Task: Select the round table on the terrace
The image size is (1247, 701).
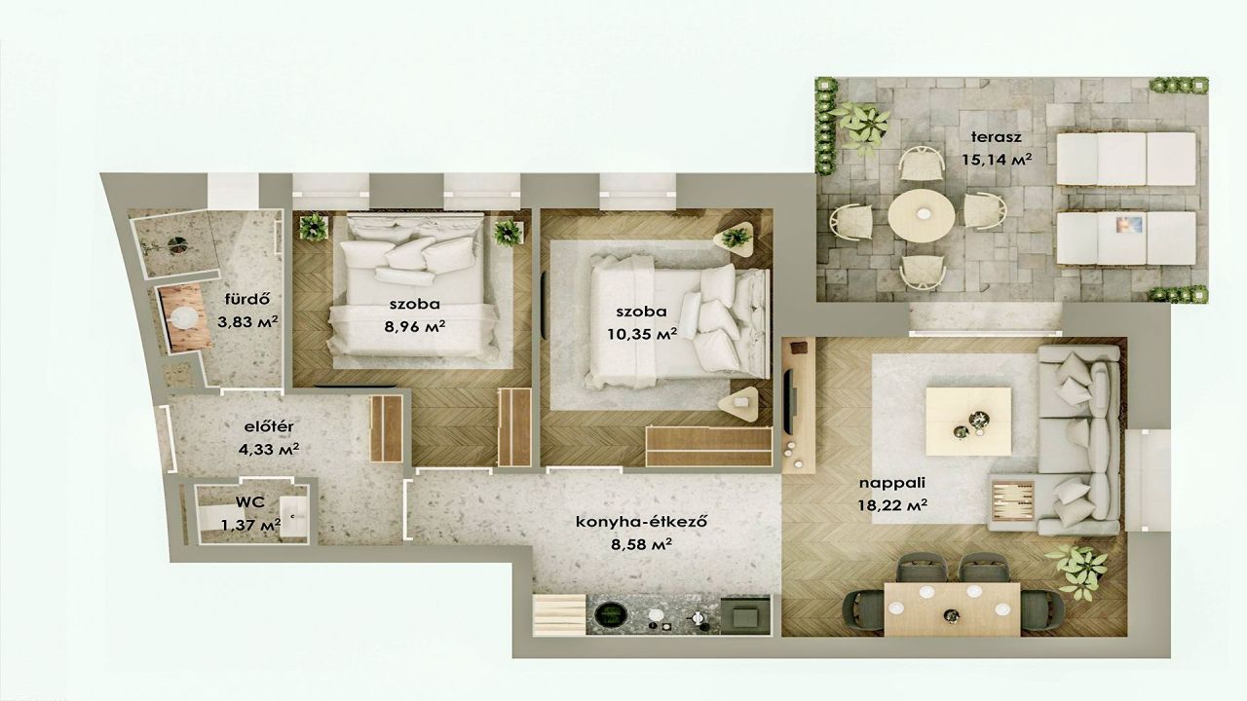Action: [x=922, y=214]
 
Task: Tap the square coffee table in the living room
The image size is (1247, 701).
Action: [x=962, y=419]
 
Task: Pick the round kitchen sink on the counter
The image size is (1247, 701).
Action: [x=612, y=614]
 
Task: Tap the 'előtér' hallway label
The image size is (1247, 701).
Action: [x=269, y=426]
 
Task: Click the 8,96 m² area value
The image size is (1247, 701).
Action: [x=413, y=326]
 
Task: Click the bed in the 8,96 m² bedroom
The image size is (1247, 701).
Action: [x=415, y=292]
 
